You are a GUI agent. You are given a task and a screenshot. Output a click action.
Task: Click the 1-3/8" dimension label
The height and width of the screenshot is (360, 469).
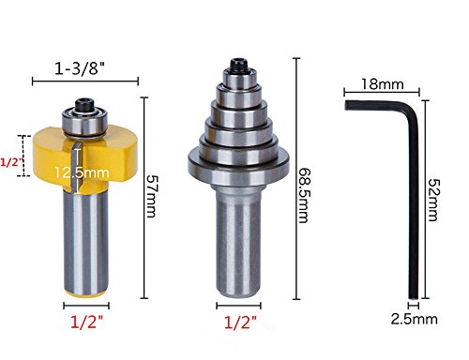tap(80, 68)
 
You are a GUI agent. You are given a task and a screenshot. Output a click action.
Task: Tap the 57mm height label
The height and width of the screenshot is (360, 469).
tap(153, 196)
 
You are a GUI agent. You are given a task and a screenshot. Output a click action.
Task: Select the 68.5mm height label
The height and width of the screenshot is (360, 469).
tap(304, 196)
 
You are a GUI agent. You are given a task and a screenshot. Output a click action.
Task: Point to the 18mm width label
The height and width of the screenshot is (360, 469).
tap(383, 84)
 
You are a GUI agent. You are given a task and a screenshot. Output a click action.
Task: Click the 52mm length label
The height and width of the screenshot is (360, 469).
tap(433, 200)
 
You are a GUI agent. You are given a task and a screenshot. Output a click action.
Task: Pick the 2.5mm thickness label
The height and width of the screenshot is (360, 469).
tap(414, 320)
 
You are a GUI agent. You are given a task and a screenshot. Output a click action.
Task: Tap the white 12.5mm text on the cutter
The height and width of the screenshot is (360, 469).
tap(82, 172)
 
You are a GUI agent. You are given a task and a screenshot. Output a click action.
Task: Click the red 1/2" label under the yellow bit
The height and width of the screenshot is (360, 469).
tap(86, 322)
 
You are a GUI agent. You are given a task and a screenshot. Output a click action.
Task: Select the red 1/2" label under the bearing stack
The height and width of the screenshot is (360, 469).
tap(240, 322)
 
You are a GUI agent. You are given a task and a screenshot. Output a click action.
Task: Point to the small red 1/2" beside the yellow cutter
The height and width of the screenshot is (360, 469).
tap(12, 162)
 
